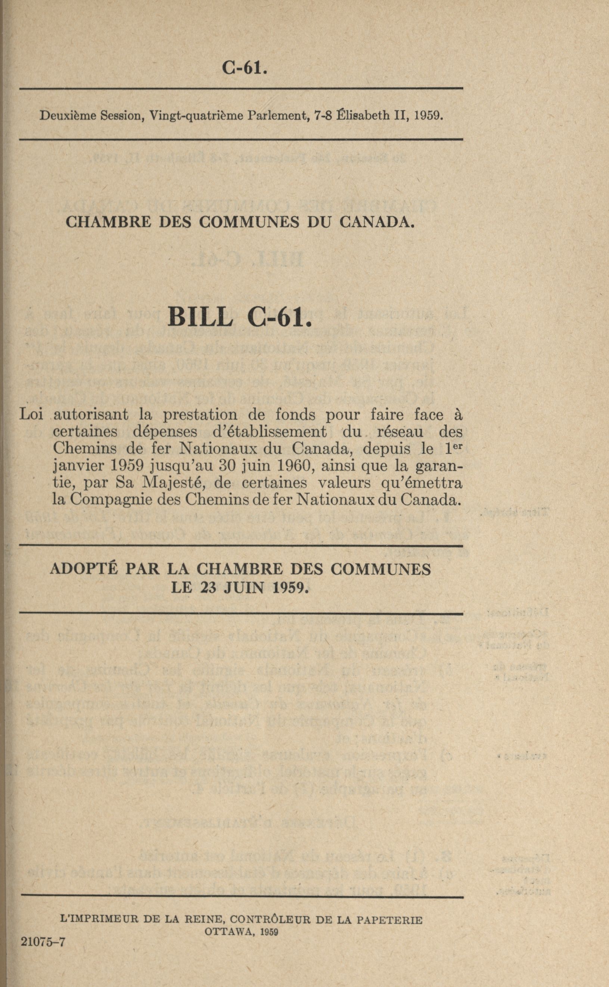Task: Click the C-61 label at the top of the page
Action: [245, 67]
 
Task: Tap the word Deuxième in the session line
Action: [67, 116]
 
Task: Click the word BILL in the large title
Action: [201, 316]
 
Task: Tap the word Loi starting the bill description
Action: [31, 414]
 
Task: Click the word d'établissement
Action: [269, 431]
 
